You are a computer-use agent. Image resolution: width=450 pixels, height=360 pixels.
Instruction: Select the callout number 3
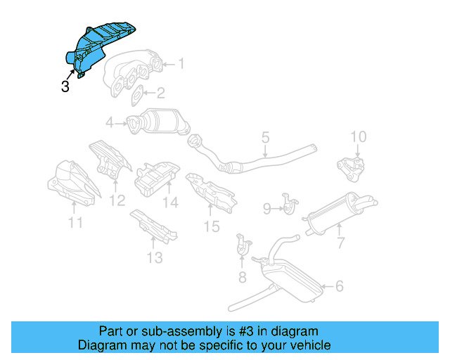(65, 87)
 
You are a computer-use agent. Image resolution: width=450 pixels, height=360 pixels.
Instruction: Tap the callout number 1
(181, 64)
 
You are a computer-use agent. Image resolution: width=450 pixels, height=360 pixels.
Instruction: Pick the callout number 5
(265, 137)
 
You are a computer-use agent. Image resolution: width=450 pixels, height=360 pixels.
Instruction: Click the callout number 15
(212, 226)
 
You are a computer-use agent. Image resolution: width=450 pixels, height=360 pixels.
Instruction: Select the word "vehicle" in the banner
(309, 345)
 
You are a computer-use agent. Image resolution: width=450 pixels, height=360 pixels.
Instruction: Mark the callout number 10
(358, 136)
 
